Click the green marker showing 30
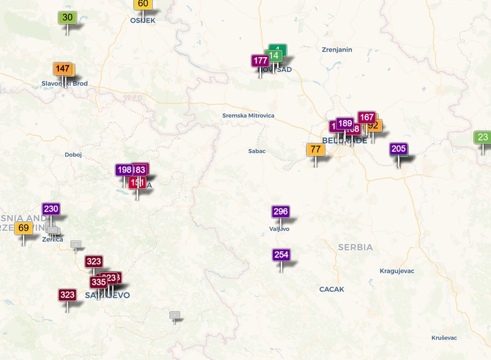point(67,18)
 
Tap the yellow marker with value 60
point(143,4)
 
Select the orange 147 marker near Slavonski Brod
point(62,69)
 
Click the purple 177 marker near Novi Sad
point(260,61)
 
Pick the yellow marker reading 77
point(316,150)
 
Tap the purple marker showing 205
point(398,149)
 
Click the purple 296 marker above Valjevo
point(281,212)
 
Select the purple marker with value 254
point(281,255)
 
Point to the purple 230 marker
point(51,210)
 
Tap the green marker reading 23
point(482,137)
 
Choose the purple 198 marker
point(124,170)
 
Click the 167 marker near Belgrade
point(367,118)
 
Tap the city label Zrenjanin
point(337,50)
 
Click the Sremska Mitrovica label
point(248,116)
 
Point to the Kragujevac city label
point(397,271)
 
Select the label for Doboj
point(73,155)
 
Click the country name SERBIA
point(356,247)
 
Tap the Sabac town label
point(257,151)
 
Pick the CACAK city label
point(331,290)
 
